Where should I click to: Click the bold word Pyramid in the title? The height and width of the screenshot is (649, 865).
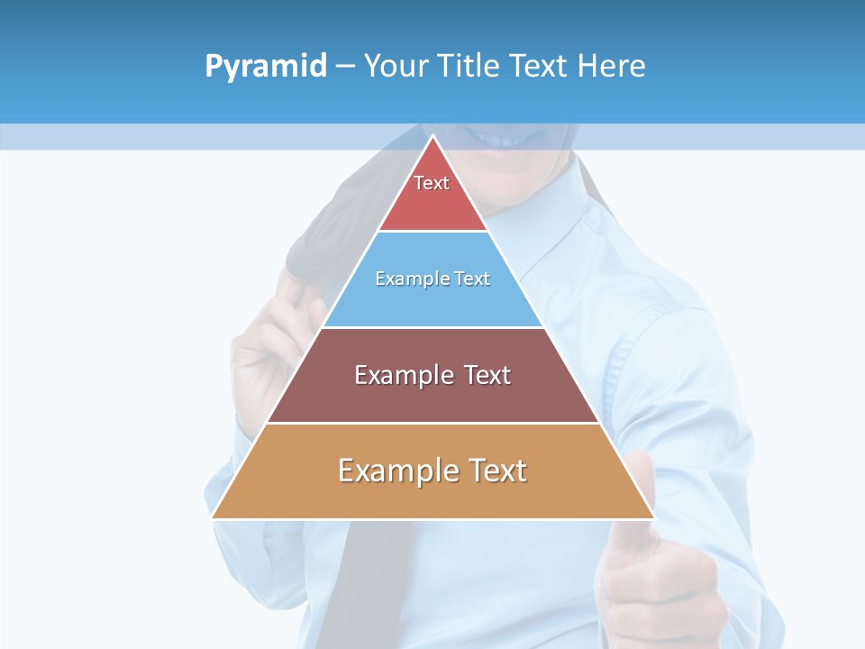[x=266, y=67]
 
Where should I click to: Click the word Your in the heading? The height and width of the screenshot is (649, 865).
[x=396, y=67]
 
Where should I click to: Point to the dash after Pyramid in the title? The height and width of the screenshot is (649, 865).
[x=344, y=67]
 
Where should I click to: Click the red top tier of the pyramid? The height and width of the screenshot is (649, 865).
[x=432, y=203]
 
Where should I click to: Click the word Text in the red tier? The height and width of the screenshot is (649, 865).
[x=432, y=183]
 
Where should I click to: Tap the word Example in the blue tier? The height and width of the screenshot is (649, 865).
[x=405, y=279]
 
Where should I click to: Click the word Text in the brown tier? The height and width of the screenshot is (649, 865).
[x=487, y=375]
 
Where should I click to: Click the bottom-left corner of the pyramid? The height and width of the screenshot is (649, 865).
[x=214, y=517]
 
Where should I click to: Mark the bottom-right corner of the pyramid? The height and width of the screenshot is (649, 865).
[x=653, y=517]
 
